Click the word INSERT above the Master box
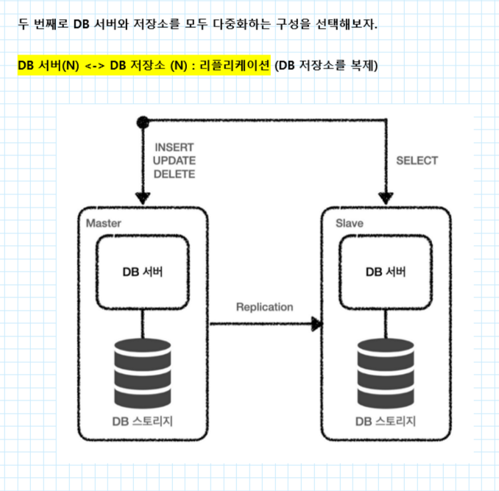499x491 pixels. click(x=174, y=148)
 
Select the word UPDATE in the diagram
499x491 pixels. click(x=174, y=161)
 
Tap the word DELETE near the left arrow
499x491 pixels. click(x=174, y=174)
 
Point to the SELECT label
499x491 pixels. click(x=417, y=160)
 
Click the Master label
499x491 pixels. click(x=103, y=222)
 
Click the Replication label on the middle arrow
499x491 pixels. click(x=264, y=307)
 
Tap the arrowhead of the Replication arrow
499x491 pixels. click(x=318, y=323)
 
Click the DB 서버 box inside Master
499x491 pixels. click(x=143, y=272)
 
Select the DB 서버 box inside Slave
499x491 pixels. click(x=385, y=272)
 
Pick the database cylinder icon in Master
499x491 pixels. click(x=143, y=372)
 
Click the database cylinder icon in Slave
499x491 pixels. click(x=385, y=372)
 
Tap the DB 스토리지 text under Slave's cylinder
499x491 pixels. click(x=386, y=421)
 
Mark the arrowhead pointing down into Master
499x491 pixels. click(x=143, y=197)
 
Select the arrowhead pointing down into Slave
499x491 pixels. click(x=385, y=197)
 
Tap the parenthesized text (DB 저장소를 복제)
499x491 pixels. click(x=325, y=66)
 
